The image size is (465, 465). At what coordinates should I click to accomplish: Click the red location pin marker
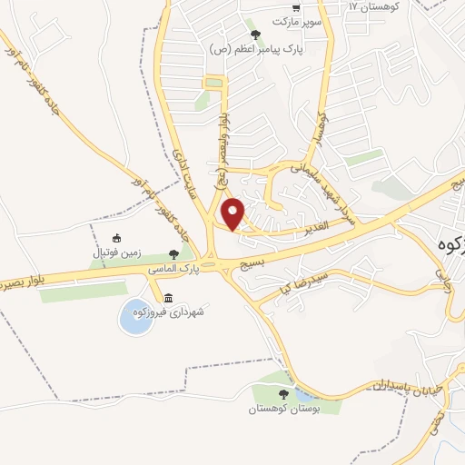pos(233,213)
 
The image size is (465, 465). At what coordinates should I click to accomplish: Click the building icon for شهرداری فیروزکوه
pos(168,299)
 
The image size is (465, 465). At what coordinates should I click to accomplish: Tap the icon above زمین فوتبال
pos(115,239)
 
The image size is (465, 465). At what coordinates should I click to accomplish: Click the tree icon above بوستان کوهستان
pos(283,394)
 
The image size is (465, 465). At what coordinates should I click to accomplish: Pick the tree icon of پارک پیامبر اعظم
pos(255,35)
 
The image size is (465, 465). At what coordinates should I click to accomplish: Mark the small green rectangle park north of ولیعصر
pos(214,84)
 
